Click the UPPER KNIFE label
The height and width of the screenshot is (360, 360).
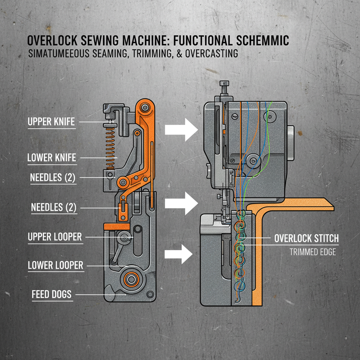(51, 122)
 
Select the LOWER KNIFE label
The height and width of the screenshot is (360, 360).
(52, 158)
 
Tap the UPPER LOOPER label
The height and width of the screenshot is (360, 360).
(55, 237)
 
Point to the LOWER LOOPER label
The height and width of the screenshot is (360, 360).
(56, 265)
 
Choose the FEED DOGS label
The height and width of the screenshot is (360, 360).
(51, 294)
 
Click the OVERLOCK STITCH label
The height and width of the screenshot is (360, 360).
(306, 238)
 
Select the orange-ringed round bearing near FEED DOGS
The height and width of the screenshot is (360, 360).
(131, 279)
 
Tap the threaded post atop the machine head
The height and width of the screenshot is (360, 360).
(224, 90)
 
